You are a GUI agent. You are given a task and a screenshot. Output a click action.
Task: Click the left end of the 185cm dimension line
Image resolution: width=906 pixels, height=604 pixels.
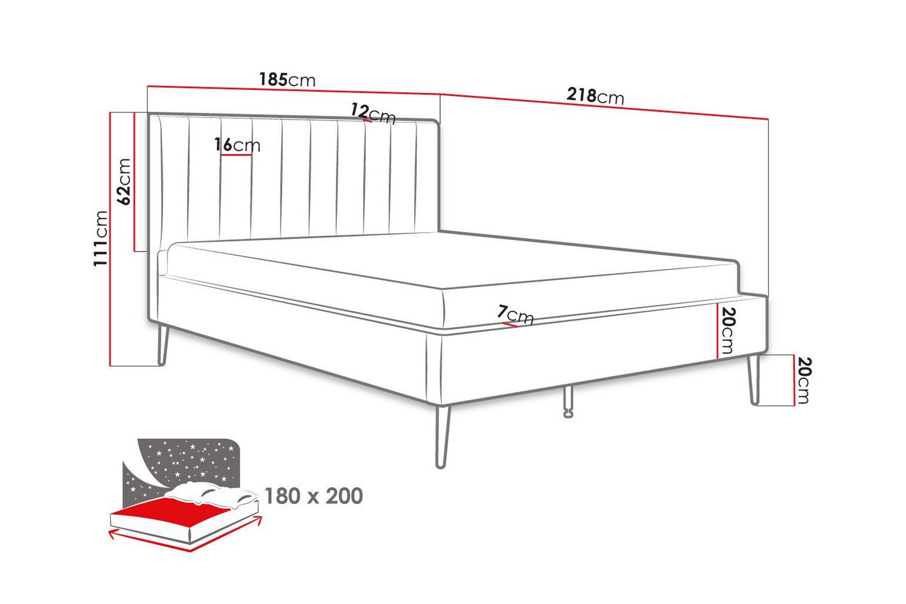pos(148,86)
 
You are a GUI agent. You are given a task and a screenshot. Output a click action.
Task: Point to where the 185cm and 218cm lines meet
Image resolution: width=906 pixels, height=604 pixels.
pos(440,94)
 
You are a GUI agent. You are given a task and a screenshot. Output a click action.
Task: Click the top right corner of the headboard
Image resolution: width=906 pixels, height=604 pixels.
pos(439,122)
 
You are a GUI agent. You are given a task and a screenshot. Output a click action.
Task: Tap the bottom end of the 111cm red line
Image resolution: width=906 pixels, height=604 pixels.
pos(110,366)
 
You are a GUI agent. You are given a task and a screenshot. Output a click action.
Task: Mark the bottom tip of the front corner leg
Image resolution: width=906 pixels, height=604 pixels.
pos(441,467)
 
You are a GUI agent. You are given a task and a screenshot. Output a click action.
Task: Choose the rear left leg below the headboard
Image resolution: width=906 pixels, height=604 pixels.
pos(162,345)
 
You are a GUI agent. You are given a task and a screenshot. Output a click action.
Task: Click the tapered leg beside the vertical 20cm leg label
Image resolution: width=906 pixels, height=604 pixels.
pos(754,379)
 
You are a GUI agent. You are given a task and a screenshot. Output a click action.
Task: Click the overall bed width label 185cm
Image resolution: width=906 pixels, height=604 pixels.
pos(287,79)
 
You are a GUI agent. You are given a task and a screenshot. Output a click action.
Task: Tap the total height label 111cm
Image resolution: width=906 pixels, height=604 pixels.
pos(101,238)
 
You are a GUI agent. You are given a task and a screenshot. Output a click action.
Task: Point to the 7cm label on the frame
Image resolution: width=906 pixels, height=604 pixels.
pos(515,315)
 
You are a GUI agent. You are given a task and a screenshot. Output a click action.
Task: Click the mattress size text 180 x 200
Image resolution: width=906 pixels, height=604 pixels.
pos(314,496)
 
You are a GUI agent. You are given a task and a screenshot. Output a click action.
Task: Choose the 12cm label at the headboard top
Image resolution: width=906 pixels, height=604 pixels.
pos(373,113)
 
